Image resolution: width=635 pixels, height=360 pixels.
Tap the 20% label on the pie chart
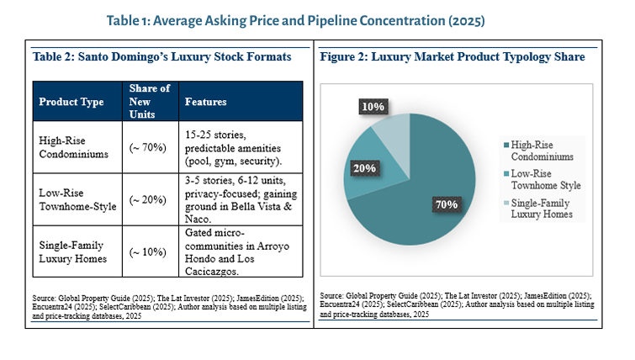[363, 168]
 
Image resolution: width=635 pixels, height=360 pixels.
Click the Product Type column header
[71, 103]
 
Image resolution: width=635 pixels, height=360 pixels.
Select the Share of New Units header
[150, 102]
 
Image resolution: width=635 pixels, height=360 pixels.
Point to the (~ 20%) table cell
[149, 200]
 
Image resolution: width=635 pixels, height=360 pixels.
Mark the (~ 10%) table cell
[149, 251]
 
